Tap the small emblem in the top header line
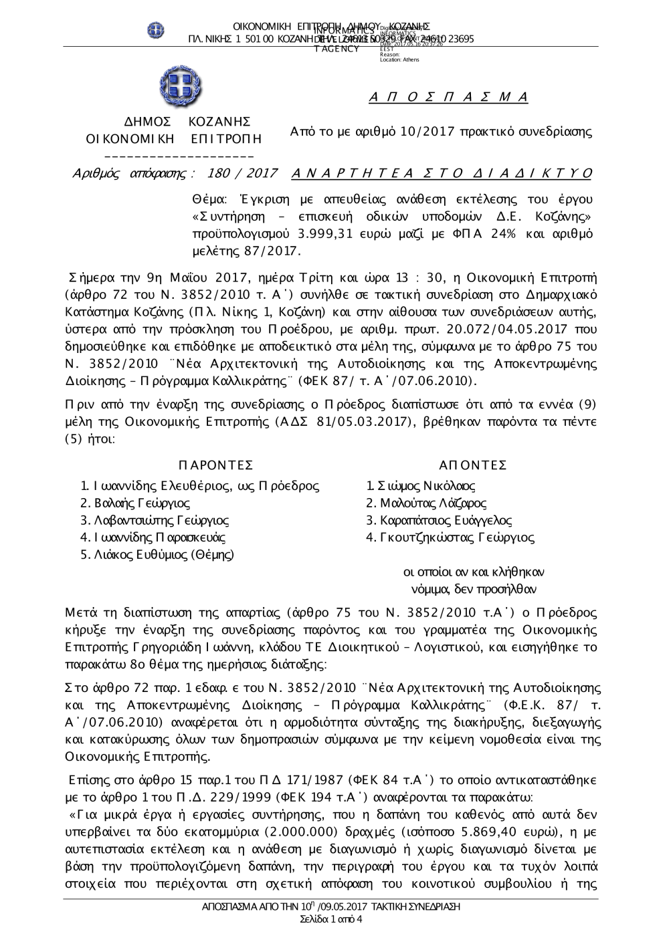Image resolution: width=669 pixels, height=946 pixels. coord(156,30)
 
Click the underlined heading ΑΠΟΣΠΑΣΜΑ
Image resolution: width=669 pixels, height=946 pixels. coord(448,98)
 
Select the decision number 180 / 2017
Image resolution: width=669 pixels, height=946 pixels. coord(243,174)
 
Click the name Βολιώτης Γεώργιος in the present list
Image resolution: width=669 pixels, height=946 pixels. coord(134,503)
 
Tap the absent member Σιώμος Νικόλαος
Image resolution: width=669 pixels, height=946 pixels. coord(421,486)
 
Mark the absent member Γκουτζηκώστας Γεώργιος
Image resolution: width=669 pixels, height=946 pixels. coord(450,537)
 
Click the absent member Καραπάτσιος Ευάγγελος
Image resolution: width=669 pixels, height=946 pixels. coord(439,520)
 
